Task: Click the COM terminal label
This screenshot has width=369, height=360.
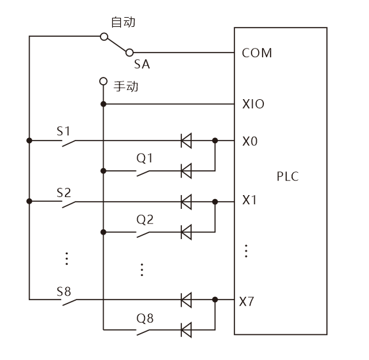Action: tap(257, 53)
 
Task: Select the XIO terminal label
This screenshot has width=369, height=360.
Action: tap(253, 104)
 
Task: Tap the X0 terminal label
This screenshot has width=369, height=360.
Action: tap(250, 141)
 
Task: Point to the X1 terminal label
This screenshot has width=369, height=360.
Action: tap(250, 200)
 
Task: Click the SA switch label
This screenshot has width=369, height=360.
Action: tap(141, 64)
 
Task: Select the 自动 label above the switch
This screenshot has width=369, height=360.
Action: tap(123, 22)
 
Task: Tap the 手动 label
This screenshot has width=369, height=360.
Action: tap(126, 86)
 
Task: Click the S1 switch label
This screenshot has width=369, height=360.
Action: tap(64, 130)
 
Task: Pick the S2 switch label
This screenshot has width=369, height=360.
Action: tap(64, 192)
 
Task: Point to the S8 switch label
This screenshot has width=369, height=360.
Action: tap(64, 290)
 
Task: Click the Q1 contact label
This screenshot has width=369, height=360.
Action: tap(144, 158)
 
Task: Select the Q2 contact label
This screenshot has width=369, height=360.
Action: tap(144, 219)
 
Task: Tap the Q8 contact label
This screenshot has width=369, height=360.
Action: tap(144, 318)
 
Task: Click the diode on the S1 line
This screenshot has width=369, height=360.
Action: tap(186, 140)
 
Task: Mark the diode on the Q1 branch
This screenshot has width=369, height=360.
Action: tap(186, 170)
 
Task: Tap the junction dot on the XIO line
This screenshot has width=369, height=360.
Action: tap(102, 104)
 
